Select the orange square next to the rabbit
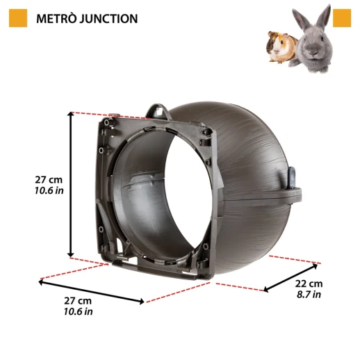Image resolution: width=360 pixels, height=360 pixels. [x=341, y=18]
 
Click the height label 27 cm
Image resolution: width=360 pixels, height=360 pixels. [x=49, y=180]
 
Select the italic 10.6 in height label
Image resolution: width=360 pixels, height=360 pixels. [x=49, y=191]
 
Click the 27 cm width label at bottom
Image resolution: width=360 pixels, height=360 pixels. [x=78, y=301]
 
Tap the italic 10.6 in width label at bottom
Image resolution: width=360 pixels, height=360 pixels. [x=78, y=311]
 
